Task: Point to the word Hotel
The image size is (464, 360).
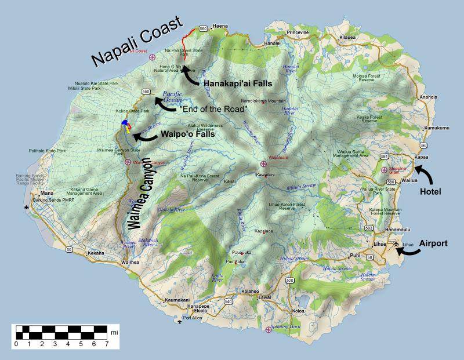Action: coord(430,191)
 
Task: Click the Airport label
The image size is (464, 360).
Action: coord(433,243)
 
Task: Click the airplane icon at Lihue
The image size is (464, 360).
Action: coord(396,244)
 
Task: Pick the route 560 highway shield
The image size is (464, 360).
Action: coord(203,28)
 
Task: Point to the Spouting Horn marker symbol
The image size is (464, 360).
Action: coord(268,330)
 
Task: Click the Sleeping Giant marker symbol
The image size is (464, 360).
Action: coord(384,170)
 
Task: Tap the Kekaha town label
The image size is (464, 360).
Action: coord(95,253)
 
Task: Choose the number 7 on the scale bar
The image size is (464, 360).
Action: coord(107,344)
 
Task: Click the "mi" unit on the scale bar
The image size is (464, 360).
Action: coord(115,332)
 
